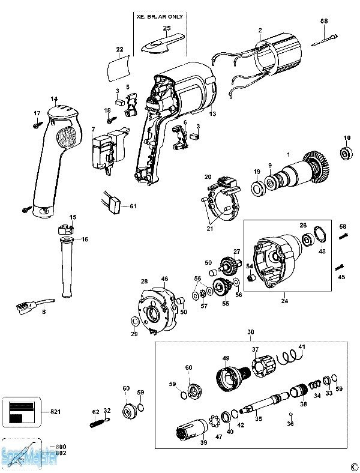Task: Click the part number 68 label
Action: tap(324, 22)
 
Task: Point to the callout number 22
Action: tap(119, 49)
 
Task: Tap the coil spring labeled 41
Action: tap(290, 357)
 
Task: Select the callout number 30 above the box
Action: tap(251, 332)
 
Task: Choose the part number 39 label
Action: tap(203, 443)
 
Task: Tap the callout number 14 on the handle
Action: tap(54, 99)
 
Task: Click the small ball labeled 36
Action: tap(291, 414)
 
